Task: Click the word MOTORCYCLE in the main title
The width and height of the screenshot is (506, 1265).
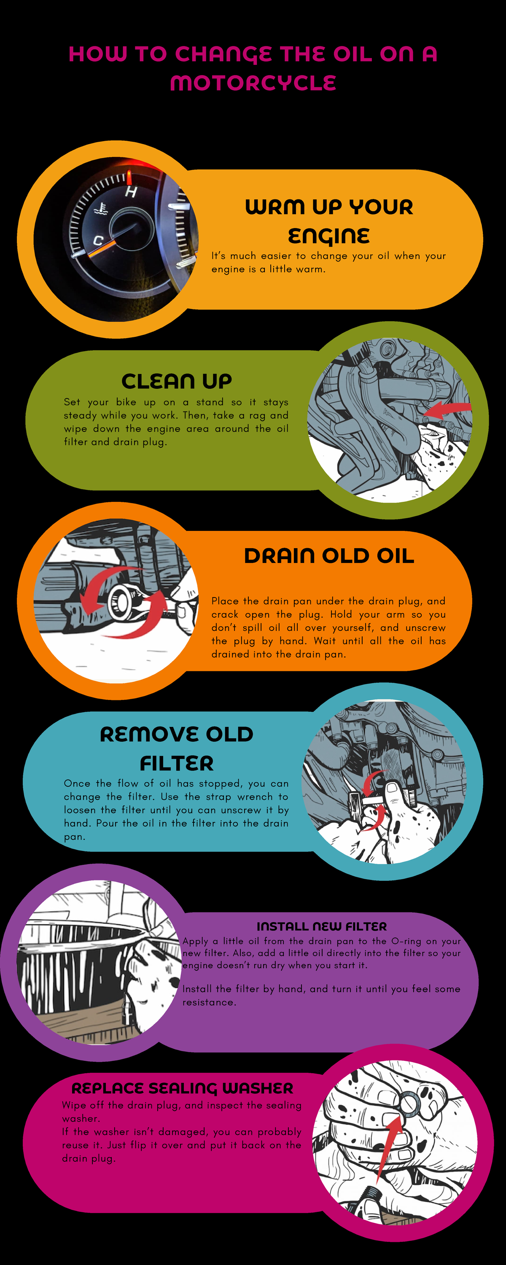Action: pos(253,83)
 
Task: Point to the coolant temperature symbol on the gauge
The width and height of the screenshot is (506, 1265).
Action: pos(101,209)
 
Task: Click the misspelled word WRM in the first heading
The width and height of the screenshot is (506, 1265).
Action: pos(275,207)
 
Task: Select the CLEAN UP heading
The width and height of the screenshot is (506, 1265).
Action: pos(176,381)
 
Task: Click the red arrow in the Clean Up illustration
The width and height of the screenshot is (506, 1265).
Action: pos(447,409)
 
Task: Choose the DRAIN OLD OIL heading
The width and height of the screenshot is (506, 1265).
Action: pos(329,556)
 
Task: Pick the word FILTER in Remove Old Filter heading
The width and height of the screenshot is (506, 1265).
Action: pos(176,764)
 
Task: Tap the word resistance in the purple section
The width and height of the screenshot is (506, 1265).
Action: pos(209,1002)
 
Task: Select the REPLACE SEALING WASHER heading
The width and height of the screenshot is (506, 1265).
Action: pos(182,1088)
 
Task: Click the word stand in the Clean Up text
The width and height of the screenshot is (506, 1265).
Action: pos(209,402)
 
